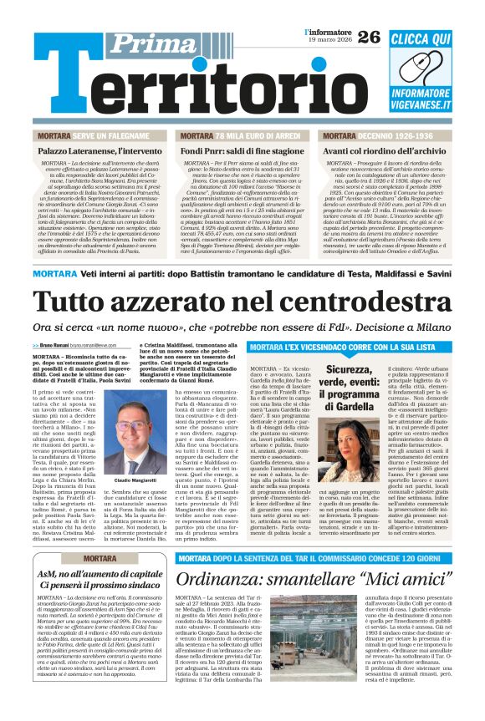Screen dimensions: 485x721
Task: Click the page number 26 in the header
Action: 369,36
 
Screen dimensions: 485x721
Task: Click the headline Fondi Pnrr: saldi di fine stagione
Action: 242,150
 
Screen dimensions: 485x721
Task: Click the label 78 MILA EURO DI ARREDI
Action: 256,135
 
